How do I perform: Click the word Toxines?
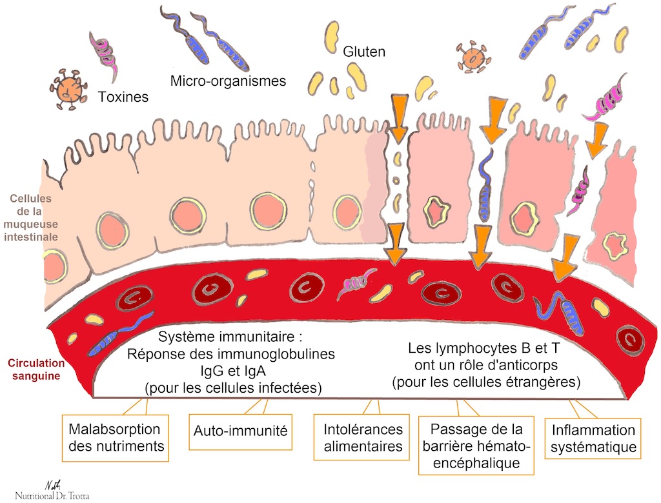coord(123,98)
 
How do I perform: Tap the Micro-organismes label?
coord(228,81)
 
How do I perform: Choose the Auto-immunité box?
coord(240,429)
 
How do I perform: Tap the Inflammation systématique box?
coord(593,439)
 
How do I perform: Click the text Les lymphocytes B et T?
coord(484,348)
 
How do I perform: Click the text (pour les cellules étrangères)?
coord(486,382)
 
